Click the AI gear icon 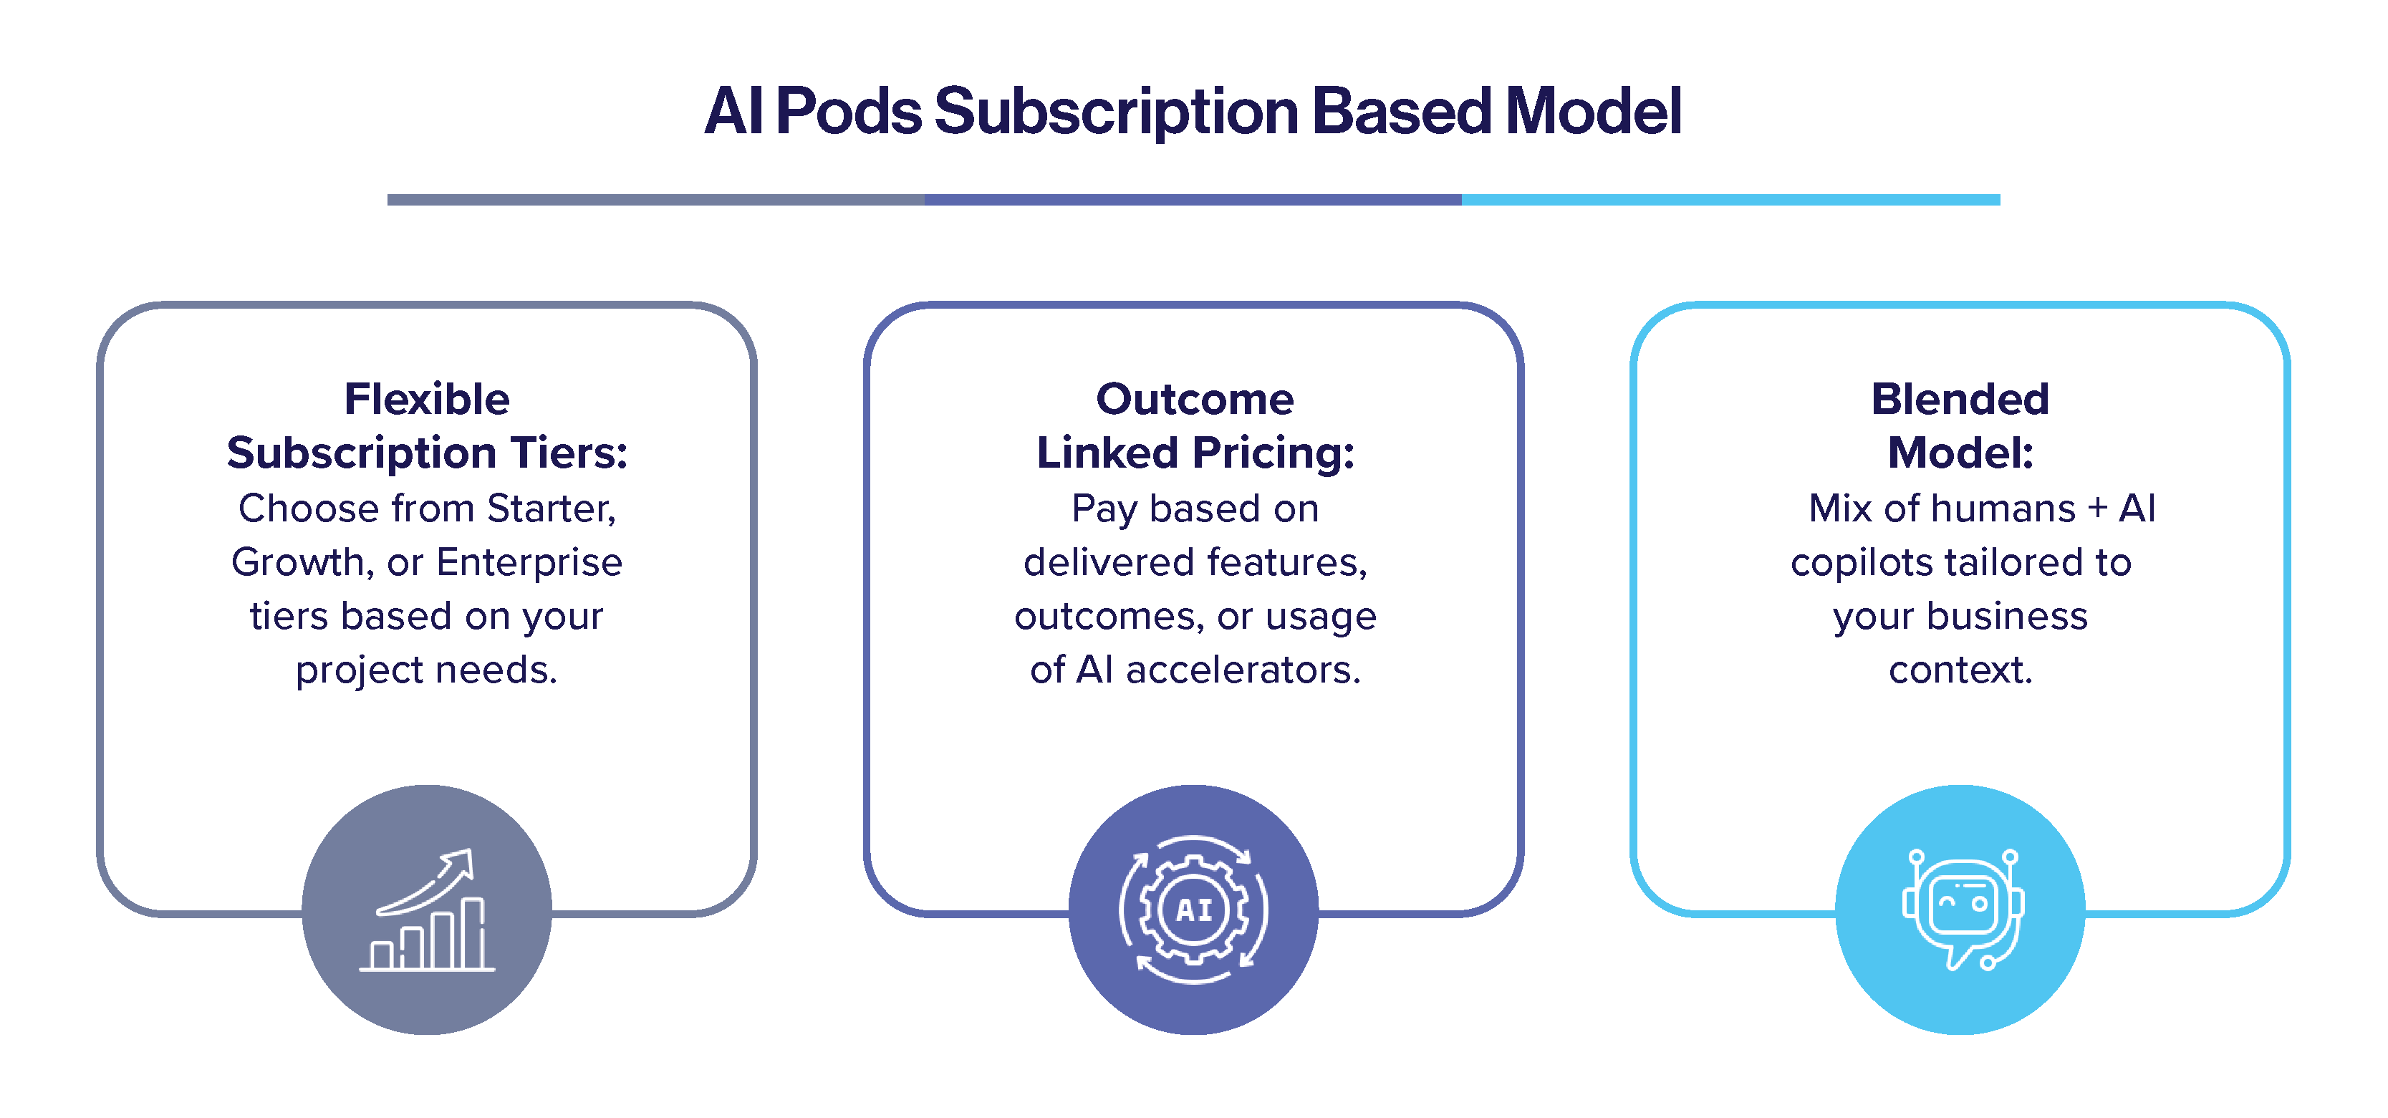[x=1193, y=910]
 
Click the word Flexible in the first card [x=426, y=400]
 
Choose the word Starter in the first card [x=551, y=509]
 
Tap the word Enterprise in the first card [x=529, y=563]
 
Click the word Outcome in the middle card [x=1194, y=400]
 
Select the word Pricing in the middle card [x=1273, y=453]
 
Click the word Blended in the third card [x=1960, y=400]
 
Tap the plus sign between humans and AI [x=2097, y=509]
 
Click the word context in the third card [x=1960, y=670]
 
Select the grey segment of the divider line [x=655, y=199]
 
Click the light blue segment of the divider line [x=1730, y=199]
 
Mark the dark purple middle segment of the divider [x=1193, y=199]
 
